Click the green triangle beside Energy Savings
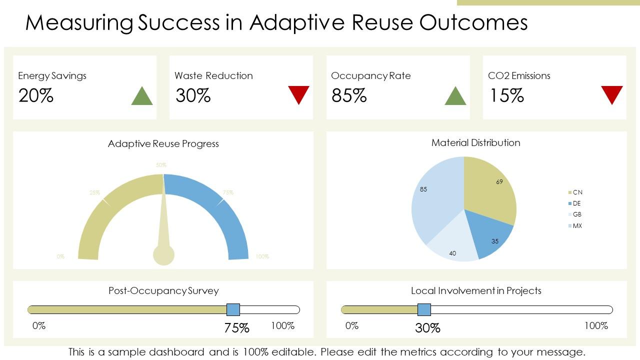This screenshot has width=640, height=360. (141, 97)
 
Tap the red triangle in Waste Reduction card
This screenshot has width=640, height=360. (298, 93)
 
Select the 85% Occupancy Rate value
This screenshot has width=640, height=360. (349, 95)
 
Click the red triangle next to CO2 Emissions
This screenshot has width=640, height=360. (611, 93)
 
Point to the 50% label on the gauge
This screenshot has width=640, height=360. (161, 165)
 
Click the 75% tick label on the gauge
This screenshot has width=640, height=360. (228, 192)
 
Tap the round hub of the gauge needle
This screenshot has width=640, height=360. (163, 254)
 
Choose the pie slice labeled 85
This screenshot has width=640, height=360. (432, 200)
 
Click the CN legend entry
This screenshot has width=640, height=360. (575, 192)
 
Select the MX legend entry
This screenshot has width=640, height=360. (575, 226)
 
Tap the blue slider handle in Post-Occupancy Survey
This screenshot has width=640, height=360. (233, 309)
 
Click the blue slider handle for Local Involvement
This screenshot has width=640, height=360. (424, 309)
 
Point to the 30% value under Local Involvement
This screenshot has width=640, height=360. (427, 328)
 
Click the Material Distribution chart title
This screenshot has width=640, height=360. (475, 143)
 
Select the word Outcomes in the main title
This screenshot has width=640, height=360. (473, 22)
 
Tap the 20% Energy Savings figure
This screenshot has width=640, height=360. (36, 95)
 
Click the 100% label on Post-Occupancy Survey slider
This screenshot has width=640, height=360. (282, 326)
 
